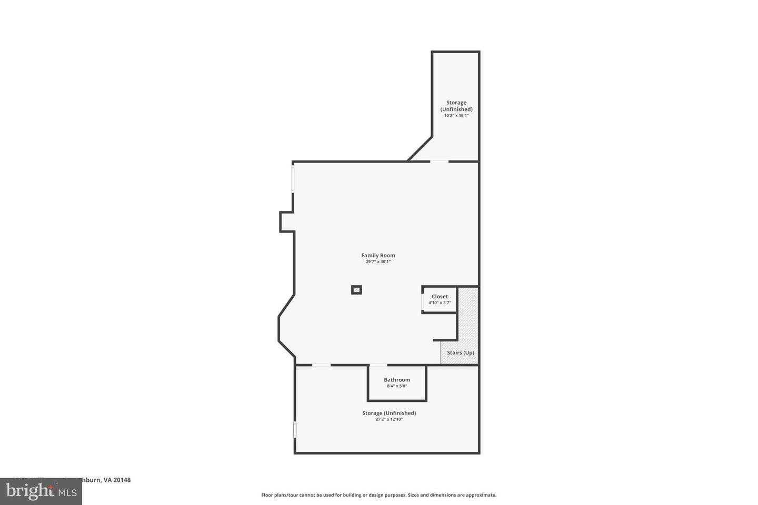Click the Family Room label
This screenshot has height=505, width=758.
click(378, 256)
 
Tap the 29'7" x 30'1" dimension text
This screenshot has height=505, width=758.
click(378, 261)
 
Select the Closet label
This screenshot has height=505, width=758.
click(440, 297)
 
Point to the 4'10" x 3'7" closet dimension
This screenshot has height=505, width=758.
click(440, 302)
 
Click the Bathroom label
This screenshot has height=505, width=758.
click(397, 380)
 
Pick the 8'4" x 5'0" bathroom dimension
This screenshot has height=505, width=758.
click(397, 386)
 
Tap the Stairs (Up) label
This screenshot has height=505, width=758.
click(461, 353)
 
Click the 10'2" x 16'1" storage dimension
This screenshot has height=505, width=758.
click(456, 115)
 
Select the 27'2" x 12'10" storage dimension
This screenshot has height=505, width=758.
click(389, 419)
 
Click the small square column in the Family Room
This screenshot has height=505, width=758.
click(357, 290)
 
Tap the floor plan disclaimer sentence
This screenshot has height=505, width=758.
click(379, 495)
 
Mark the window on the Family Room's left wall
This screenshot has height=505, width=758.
click(293, 179)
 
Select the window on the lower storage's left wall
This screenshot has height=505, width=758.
click(295, 429)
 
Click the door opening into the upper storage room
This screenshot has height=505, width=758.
click(440, 161)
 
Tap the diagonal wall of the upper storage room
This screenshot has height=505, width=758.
click(420, 149)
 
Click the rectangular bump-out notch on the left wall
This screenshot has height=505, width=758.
click(286, 221)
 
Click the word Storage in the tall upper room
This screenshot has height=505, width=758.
click(456, 103)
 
